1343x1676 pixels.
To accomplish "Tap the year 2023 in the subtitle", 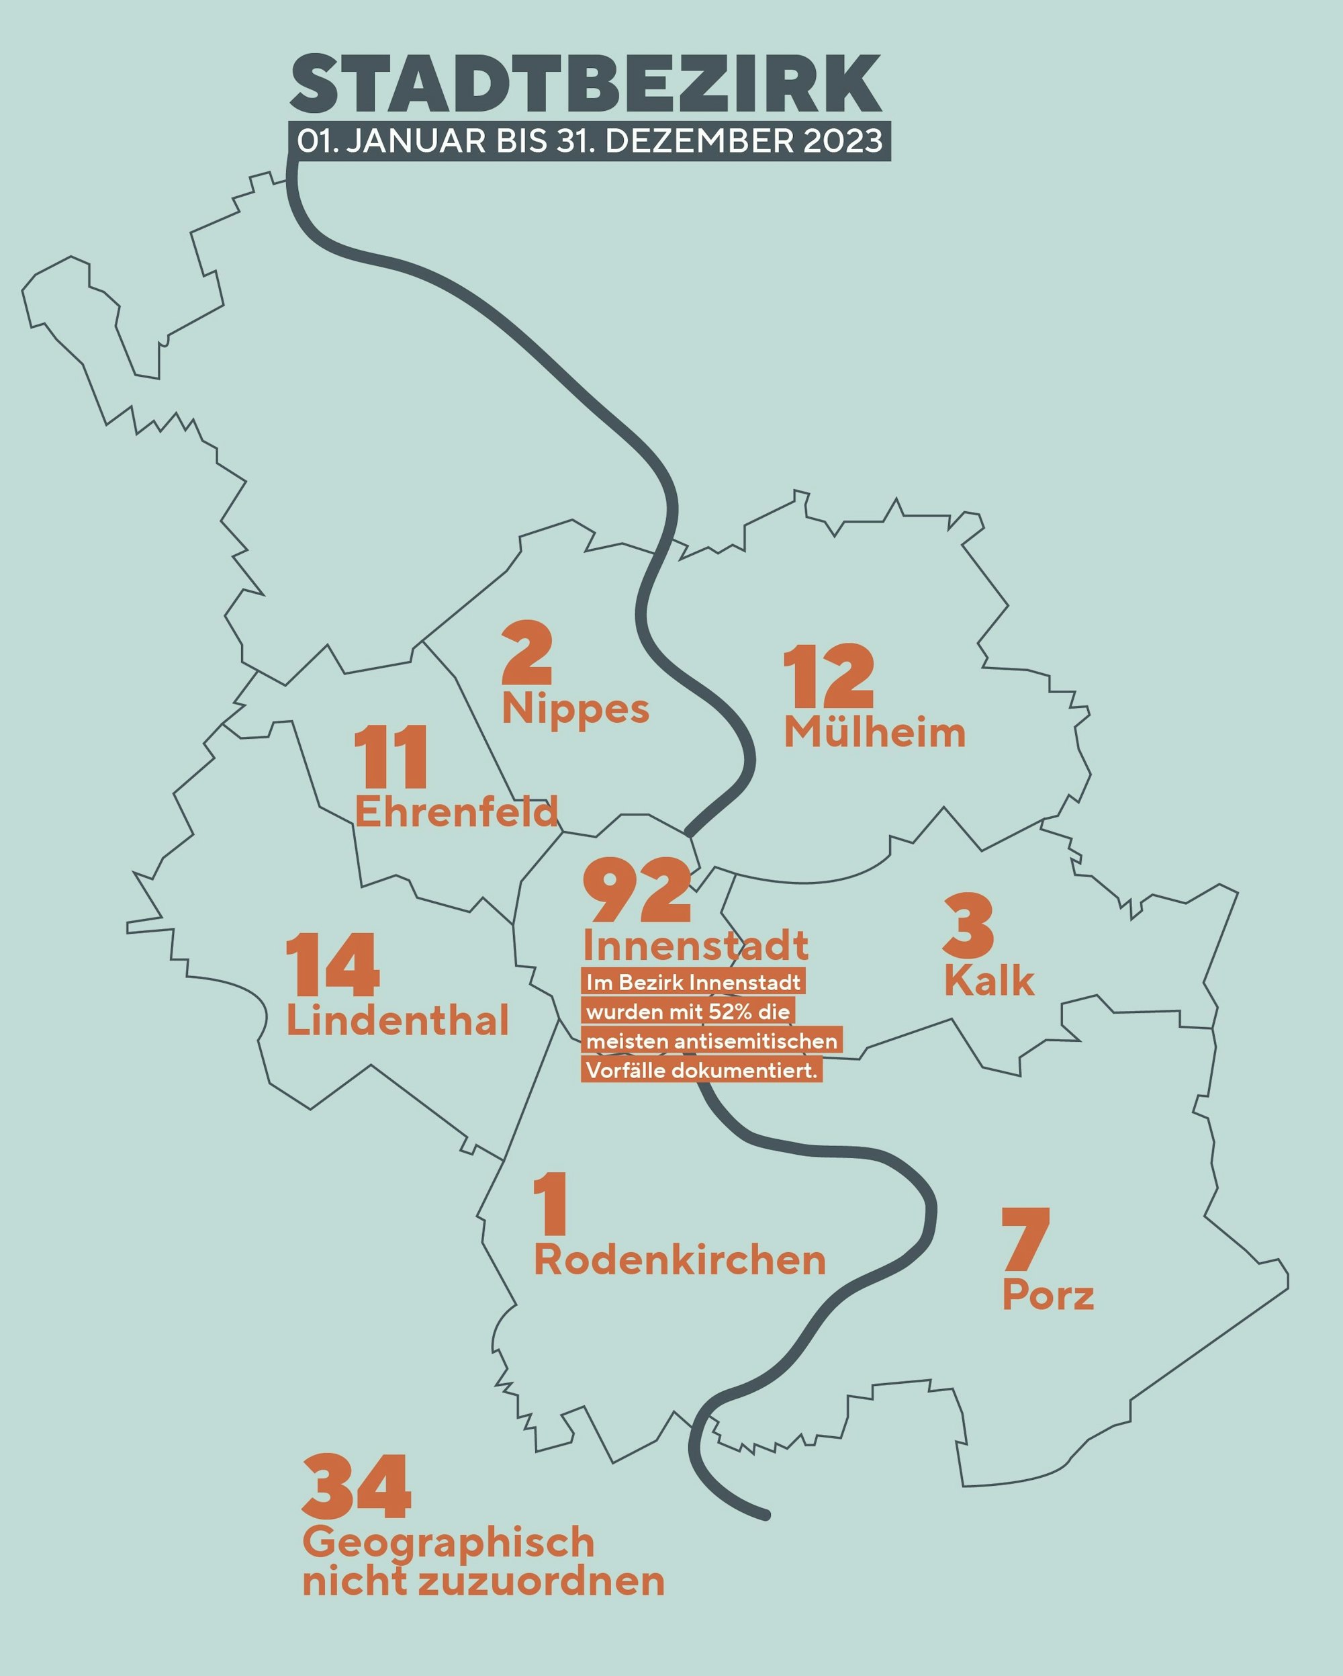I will coord(843,142).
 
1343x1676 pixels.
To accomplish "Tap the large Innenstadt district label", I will coord(696,945).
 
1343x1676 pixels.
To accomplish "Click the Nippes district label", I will coord(575,709).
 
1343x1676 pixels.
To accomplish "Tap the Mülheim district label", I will coord(874,732).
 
